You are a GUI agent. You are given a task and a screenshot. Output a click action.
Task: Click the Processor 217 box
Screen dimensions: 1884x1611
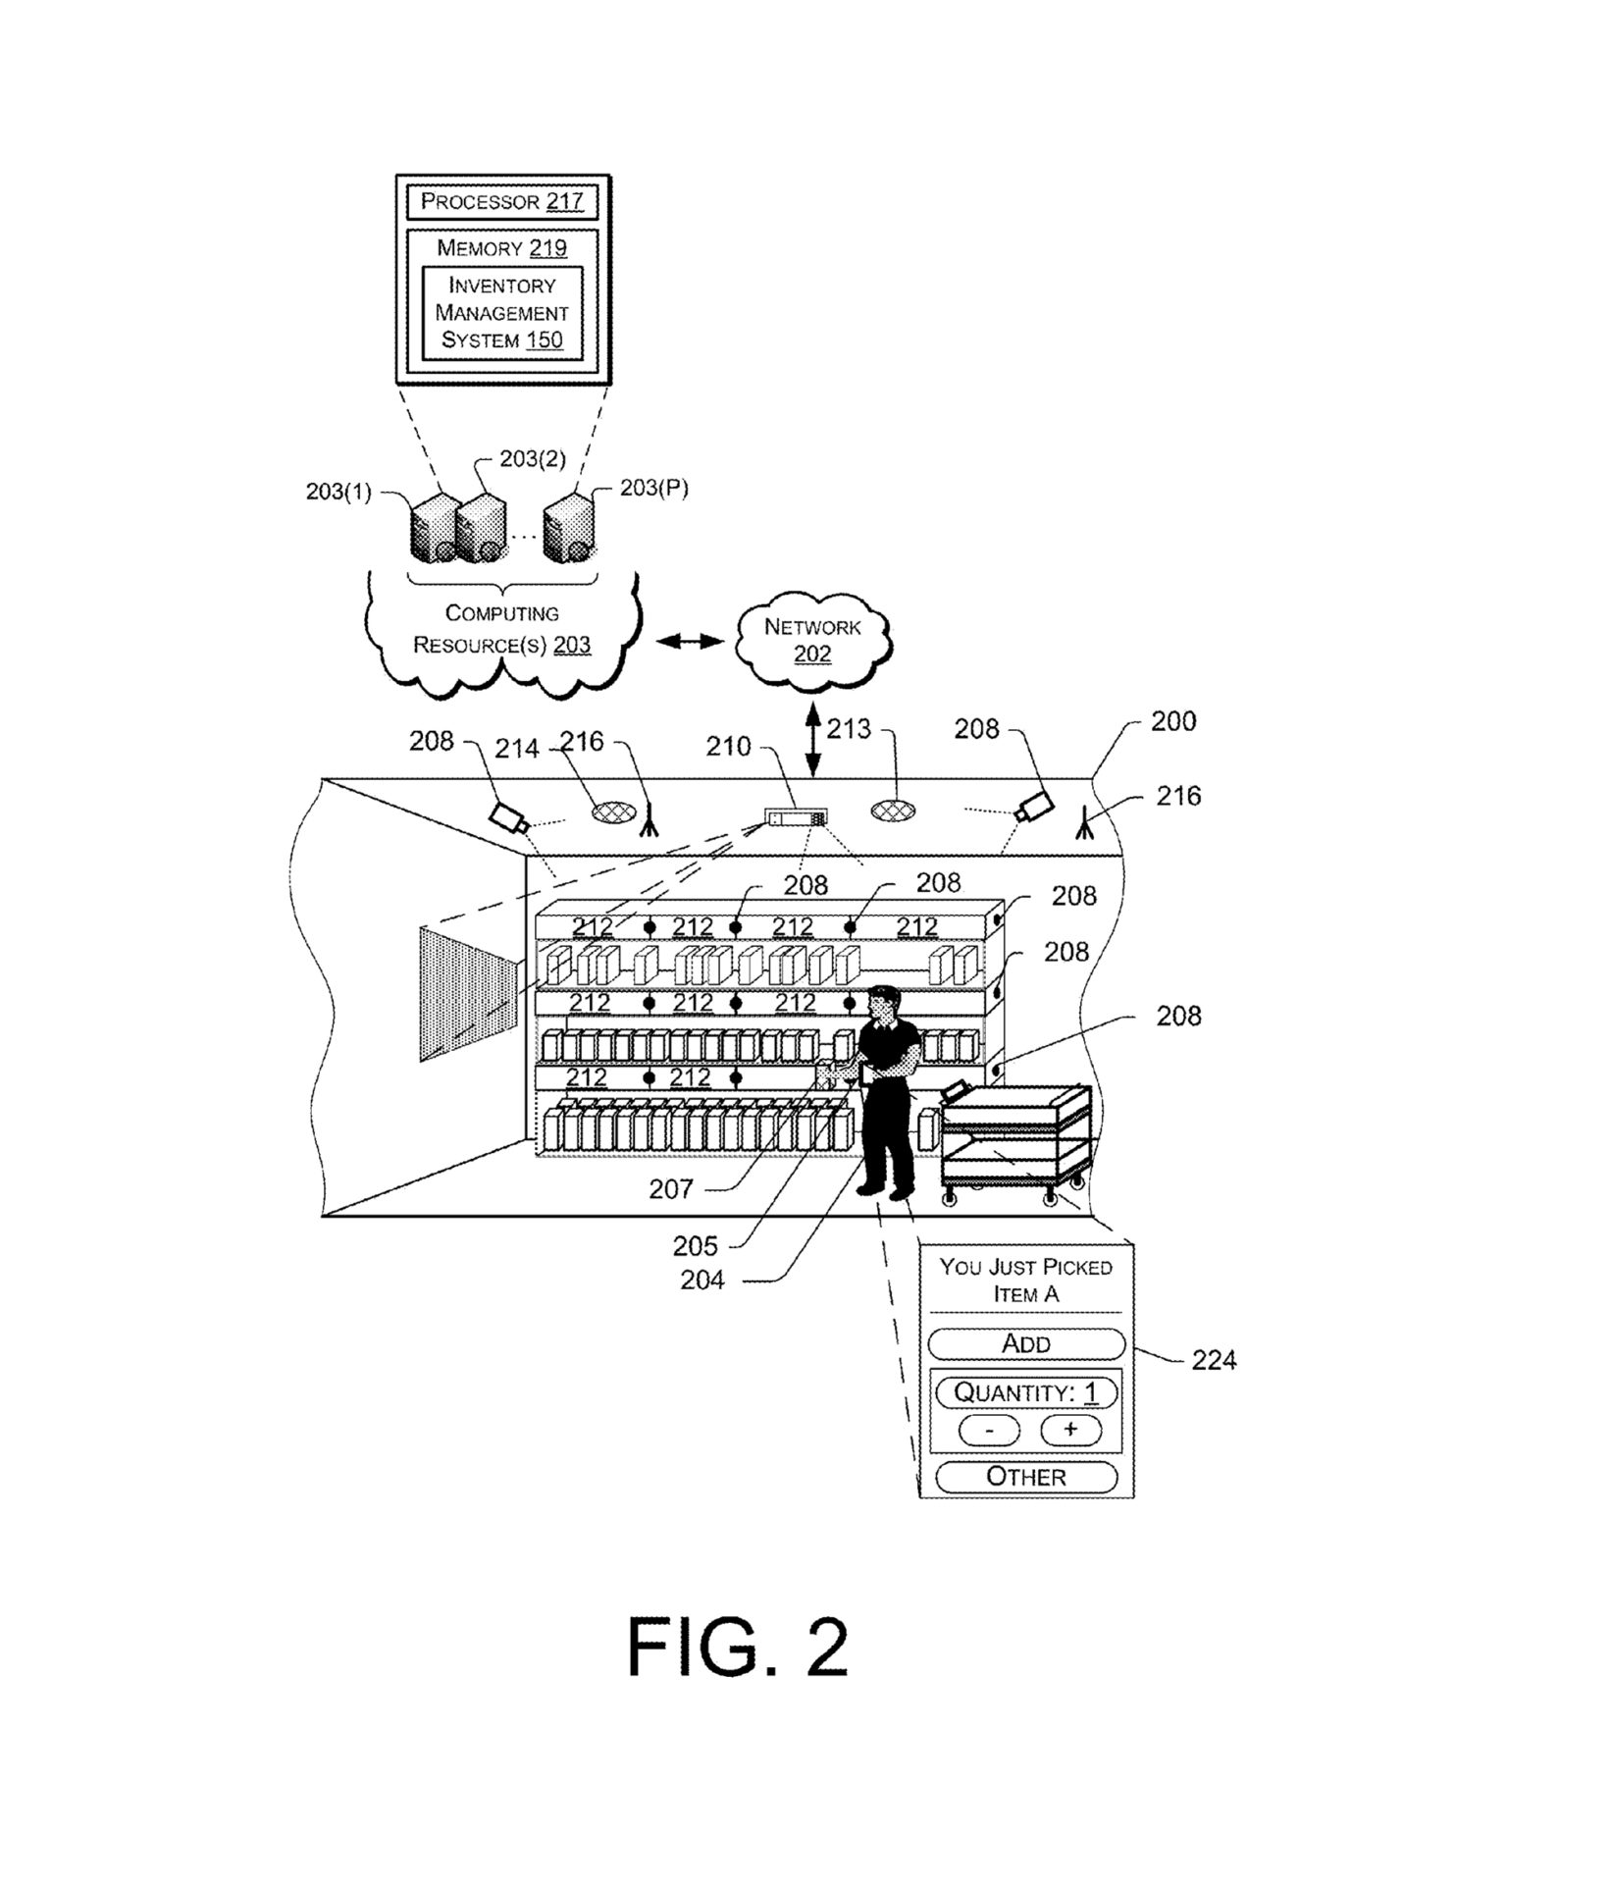(501, 201)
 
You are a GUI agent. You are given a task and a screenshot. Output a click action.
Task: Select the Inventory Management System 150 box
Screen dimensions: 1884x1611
(501, 312)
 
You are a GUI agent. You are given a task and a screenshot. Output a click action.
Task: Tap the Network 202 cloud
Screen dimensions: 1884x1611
(812, 639)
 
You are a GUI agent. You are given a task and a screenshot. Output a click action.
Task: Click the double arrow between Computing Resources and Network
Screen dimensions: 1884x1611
(689, 642)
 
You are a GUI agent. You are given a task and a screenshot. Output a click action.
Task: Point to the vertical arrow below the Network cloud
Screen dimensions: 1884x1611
(813, 737)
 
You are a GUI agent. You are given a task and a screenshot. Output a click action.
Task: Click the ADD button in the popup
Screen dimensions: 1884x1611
(1025, 1343)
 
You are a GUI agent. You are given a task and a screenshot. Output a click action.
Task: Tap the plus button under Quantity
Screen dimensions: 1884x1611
(1069, 1430)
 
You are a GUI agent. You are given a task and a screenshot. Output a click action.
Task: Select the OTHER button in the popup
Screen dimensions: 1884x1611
(1025, 1477)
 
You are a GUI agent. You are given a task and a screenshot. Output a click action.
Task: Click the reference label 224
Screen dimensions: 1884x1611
(1213, 1360)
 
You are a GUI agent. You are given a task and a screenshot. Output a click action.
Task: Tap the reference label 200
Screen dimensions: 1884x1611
(1172, 722)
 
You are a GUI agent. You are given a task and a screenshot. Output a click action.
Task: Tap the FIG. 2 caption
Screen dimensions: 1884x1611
(737, 1648)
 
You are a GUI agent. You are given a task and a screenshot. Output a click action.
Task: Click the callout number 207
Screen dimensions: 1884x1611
(670, 1189)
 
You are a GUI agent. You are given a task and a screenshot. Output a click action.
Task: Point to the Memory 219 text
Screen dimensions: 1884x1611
(501, 247)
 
